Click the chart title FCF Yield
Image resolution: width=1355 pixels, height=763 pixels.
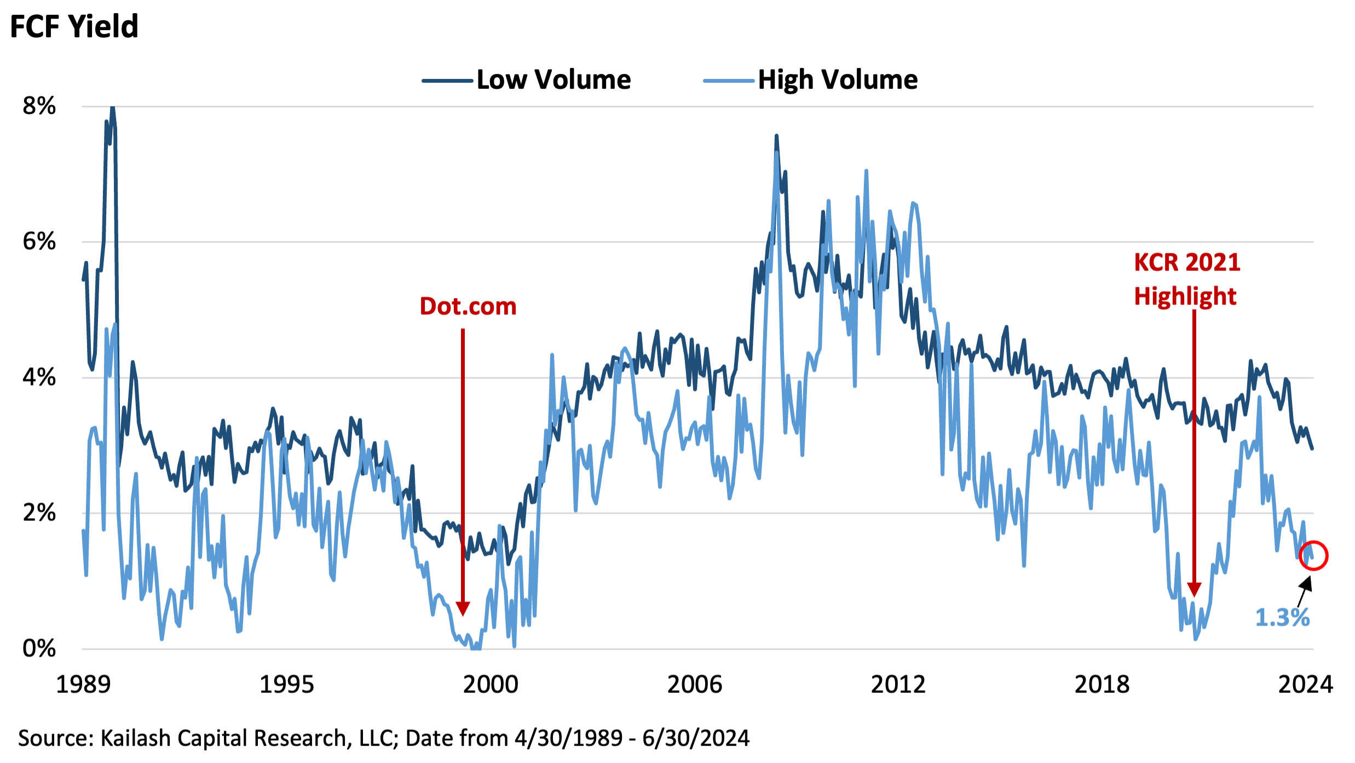(74, 26)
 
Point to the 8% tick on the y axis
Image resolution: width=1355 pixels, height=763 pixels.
(39, 106)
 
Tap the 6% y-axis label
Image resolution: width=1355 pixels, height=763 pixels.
(39, 241)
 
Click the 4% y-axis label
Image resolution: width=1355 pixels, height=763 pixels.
(39, 377)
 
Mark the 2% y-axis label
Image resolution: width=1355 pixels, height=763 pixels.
(39, 513)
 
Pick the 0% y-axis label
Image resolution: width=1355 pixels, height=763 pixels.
(39, 649)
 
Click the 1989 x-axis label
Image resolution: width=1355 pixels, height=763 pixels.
(83, 685)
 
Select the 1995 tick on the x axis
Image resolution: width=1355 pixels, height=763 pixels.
(286, 685)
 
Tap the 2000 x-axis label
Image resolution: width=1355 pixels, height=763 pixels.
(491, 685)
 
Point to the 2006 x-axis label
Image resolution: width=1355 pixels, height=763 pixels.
(694, 685)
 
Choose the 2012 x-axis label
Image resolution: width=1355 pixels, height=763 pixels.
(898, 685)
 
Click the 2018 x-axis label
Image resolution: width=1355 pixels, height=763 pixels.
(1102, 685)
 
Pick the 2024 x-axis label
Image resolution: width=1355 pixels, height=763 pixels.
(1305, 685)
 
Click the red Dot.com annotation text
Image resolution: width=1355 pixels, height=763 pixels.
(468, 306)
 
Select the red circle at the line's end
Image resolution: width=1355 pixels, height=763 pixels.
(1313, 555)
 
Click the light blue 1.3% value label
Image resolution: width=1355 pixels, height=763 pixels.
(1282, 618)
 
